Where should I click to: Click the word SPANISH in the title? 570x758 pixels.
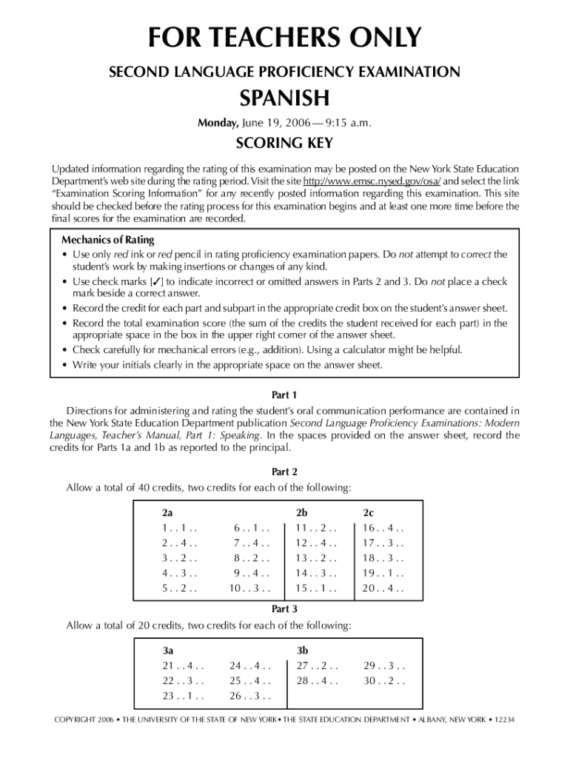tap(284, 98)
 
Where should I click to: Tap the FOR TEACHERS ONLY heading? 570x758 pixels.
tap(284, 37)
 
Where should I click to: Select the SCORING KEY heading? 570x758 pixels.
tap(284, 143)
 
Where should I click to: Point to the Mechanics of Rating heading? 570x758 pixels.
tap(108, 240)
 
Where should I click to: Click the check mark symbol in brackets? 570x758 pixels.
tap(156, 282)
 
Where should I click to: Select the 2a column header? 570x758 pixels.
tap(167, 512)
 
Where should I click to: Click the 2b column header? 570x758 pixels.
tap(302, 512)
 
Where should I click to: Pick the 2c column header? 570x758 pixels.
tap(368, 512)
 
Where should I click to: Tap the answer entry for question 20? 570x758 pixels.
tap(383, 589)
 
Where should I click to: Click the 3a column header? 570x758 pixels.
tap(168, 651)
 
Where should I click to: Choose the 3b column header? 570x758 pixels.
tap(302, 651)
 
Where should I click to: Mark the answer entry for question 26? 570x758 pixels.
tap(250, 696)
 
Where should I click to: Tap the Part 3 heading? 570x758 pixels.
tap(284, 608)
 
